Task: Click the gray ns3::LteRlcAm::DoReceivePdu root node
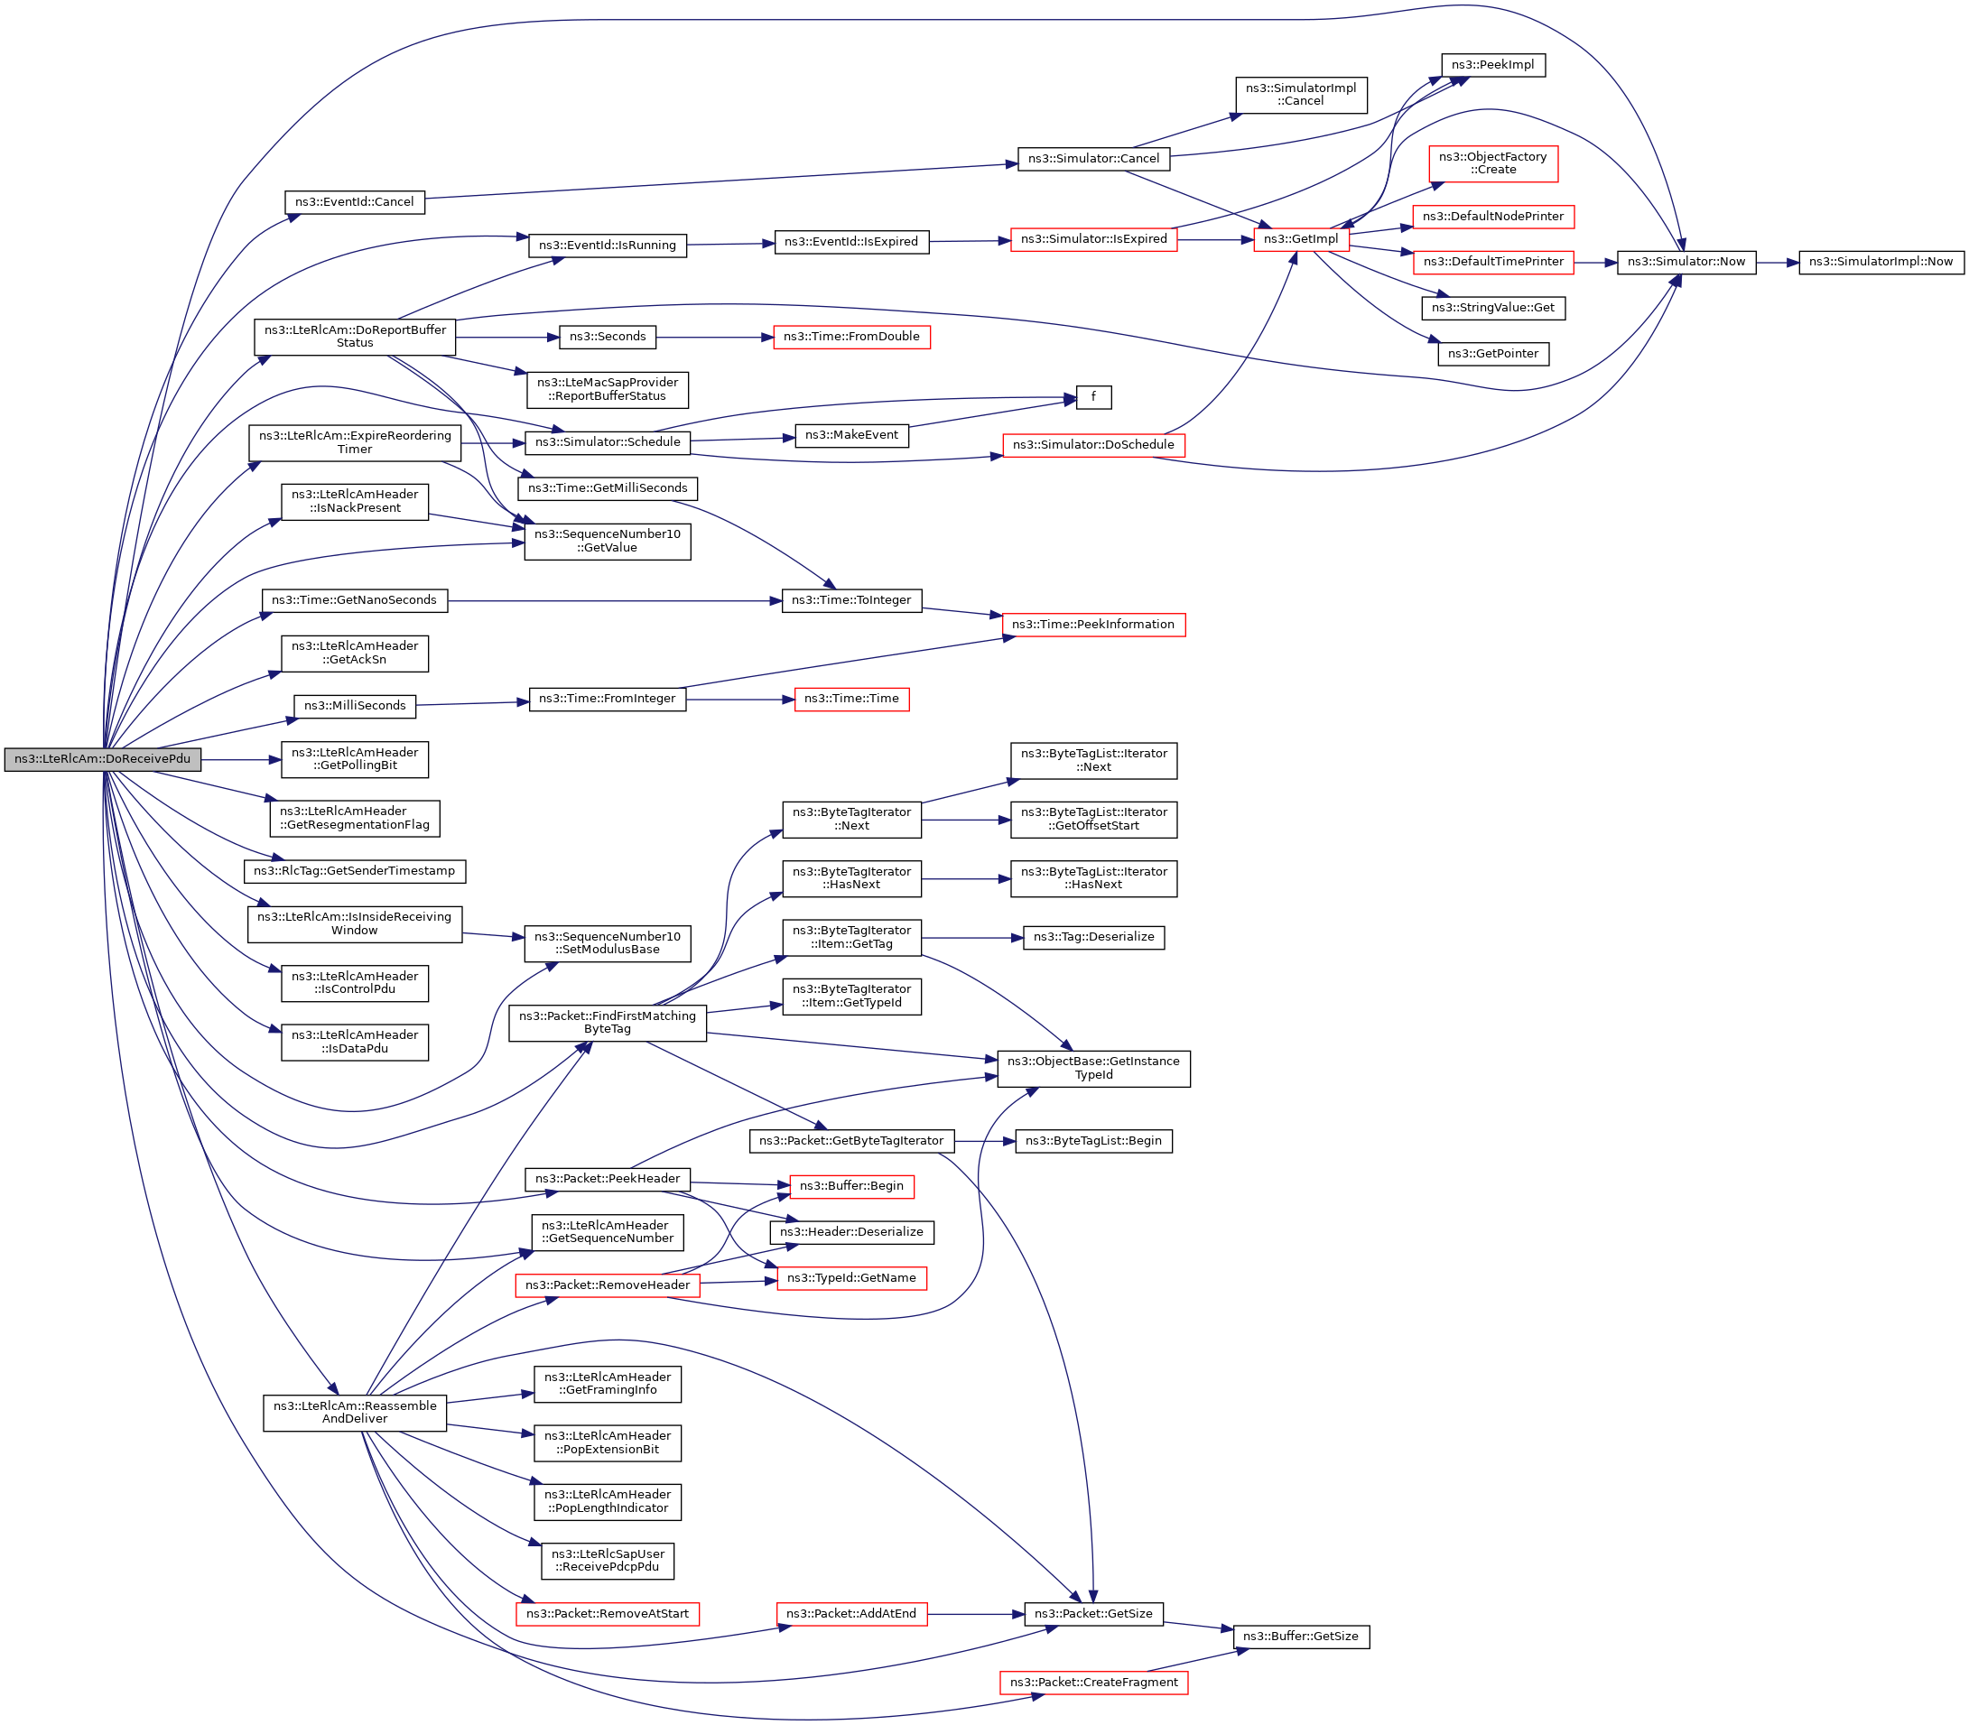click(103, 758)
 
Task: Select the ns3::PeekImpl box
click(1492, 64)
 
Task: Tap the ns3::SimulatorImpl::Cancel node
click(1301, 95)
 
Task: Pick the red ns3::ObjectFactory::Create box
click(1492, 162)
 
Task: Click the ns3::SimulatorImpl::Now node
click(1881, 262)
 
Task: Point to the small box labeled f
click(1092, 396)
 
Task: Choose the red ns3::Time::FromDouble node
click(851, 337)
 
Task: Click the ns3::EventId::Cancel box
click(354, 202)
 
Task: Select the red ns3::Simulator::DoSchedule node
click(1092, 445)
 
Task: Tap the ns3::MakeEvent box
click(851, 435)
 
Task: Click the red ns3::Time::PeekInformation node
click(1092, 625)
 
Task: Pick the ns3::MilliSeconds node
click(354, 706)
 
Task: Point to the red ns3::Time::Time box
click(851, 699)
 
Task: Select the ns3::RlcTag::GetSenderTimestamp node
click(354, 871)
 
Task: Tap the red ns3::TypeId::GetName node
click(851, 1278)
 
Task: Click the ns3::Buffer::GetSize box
click(1301, 1637)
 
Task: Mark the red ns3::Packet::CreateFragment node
click(1092, 1683)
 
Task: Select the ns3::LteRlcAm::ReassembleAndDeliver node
click(354, 1412)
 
